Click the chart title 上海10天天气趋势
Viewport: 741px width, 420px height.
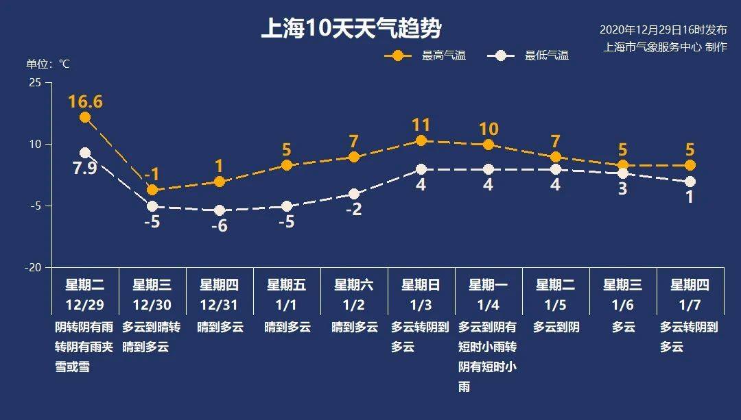click(351, 29)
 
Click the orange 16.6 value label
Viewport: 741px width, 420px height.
click(85, 102)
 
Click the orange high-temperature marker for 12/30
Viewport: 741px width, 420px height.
click(152, 190)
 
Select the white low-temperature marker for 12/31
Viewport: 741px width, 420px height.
click(220, 210)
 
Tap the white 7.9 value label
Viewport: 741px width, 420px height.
click(85, 168)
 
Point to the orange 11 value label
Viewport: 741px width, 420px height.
click(421, 125)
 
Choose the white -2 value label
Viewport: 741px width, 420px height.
click(353, 210)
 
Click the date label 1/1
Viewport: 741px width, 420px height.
click(287, 304)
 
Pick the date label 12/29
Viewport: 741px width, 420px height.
click(85, 304)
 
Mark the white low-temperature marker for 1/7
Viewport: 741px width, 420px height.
click(690, 182)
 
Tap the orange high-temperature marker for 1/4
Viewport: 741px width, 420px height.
click(489, 145)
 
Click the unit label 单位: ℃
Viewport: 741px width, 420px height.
click(48, 64)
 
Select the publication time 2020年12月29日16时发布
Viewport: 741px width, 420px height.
click(663, 30)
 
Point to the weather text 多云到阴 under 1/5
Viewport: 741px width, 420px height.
click(556, 328)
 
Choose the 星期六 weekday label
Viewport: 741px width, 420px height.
click(354, 284)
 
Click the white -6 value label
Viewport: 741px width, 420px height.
click(219, 226)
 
